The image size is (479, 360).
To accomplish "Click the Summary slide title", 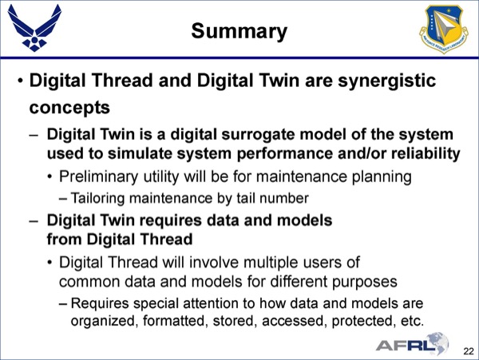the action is click(x=239, y=31).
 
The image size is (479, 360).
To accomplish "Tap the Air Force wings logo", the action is click(x=34, y=29).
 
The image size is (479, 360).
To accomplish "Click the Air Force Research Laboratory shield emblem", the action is click(x=444, y=29).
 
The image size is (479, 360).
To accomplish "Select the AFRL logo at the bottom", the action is click(x=412, y=344).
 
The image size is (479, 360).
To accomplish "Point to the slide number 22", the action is click(x=469, y=351).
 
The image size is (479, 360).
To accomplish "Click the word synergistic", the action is click(x=386, y=81).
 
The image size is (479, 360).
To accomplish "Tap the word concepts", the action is click(x=69, y=108).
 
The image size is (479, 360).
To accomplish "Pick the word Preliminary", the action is click(x=98, y=177).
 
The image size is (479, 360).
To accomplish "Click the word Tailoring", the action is click(x=97, y=199).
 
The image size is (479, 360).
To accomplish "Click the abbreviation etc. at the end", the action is click(x=413, y=321).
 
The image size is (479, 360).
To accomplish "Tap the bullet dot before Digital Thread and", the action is click(x=20, y=82).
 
